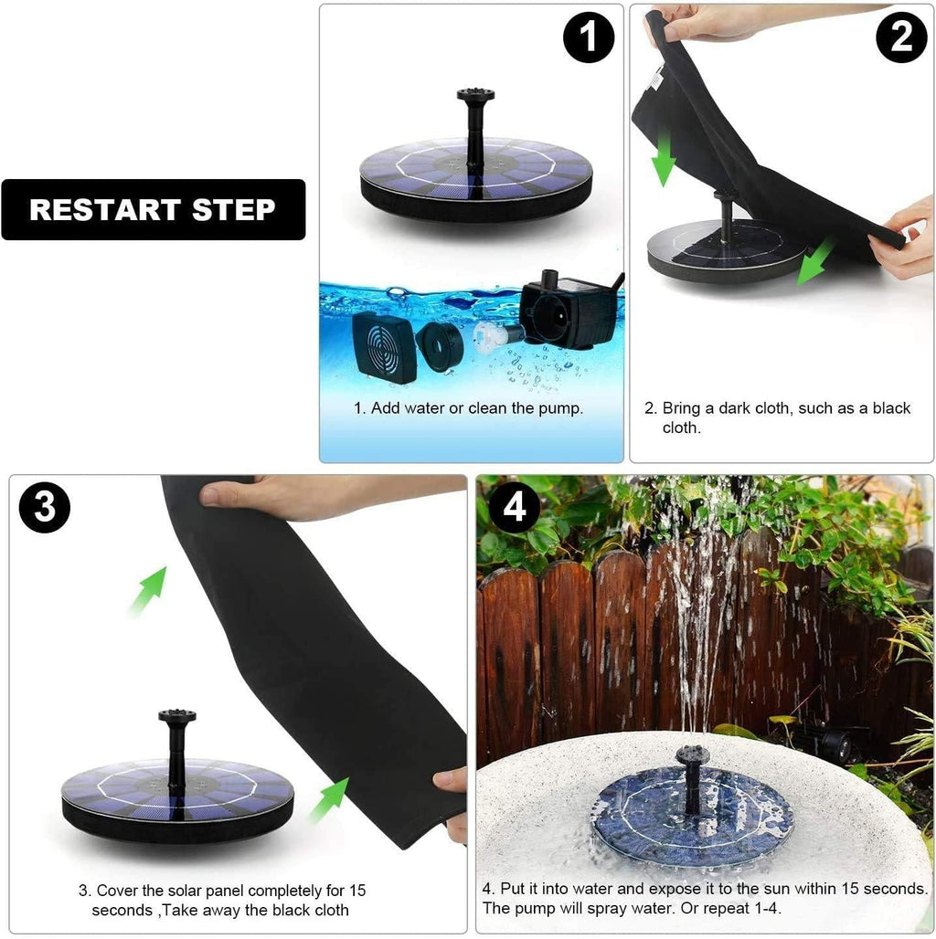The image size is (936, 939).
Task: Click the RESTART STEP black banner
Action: click(154, 209)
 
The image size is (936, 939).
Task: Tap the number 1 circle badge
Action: click(588, 37)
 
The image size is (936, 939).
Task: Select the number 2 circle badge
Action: click(901, 37)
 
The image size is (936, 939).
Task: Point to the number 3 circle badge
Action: click(44, 508)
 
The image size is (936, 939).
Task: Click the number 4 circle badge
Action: click(515, 508)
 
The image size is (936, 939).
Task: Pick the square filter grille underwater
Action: click(384, 347)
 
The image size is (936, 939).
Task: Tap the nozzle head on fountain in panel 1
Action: click(475, 95)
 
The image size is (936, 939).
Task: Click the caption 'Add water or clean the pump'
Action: click(468, 408)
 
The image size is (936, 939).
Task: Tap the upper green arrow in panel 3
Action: click(148, 589)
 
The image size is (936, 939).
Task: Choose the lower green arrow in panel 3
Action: click(328, 800)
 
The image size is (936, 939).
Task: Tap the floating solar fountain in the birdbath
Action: click(692, 816)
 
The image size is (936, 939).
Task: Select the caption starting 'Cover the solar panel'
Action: click(221, 900)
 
